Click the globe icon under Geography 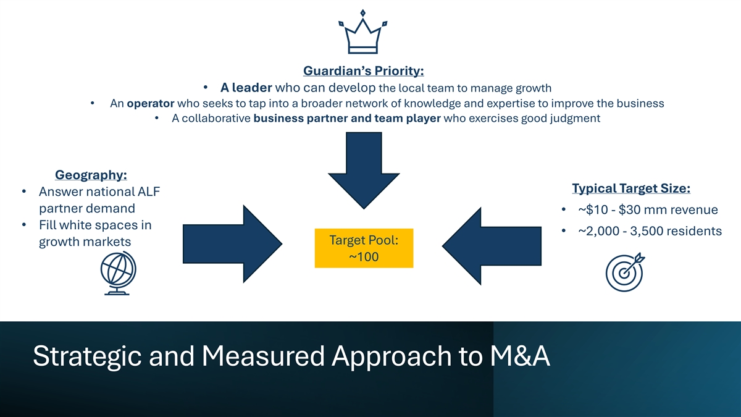coord(118,273)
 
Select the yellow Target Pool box coord(364,248)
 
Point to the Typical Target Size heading coord(631,188)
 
